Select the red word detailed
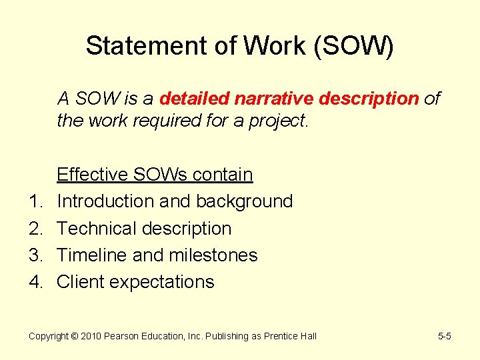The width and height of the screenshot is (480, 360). pos(194,99)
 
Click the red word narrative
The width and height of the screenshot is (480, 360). pos(273,99)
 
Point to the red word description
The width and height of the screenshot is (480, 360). pos(369,99)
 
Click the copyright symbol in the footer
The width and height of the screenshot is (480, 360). pos(75,336)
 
